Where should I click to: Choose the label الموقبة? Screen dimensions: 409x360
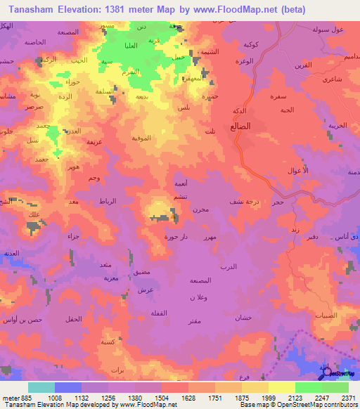pos(143,138)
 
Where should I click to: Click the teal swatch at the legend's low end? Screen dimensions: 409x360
pos(41,387)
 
